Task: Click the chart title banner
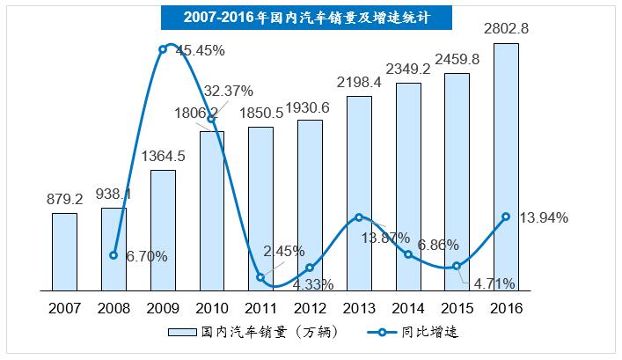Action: (x=310, y=17)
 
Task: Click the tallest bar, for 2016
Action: (x=506, y=167)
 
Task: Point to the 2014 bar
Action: (x=408, y=187)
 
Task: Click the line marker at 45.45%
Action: (x=163, y=49)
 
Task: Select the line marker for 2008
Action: (x=113, y=255)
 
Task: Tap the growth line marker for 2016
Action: (x=506, y=217)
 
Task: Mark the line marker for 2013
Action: (x=359, y=217)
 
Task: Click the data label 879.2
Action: (x=64, y=199)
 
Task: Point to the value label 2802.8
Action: (x=506, y=29)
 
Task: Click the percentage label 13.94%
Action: (x=545, y=217)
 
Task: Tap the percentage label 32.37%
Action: (x=229, y=91)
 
